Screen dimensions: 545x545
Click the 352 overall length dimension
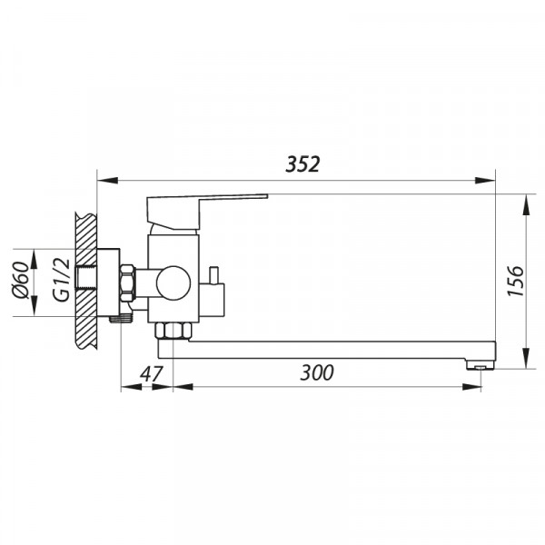pos(303,164)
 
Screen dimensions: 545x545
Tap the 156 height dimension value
pos(514,282)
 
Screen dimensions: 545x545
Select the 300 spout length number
pos(316,372)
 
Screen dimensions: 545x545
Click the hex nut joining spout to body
pos(173,328)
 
